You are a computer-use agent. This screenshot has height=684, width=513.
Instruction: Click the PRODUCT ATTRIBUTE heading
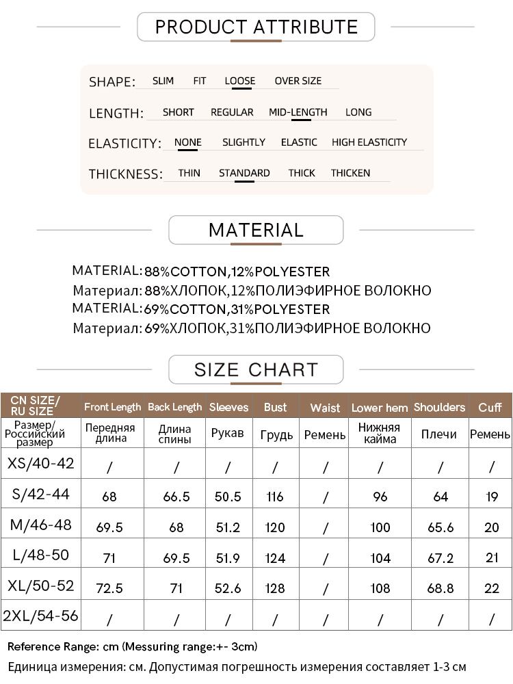point(256,27)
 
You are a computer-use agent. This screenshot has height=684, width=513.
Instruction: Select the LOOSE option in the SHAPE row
point(239,81)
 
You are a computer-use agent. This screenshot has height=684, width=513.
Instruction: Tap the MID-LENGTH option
point(298,112)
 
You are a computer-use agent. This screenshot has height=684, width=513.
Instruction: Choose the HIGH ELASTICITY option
point(369,142)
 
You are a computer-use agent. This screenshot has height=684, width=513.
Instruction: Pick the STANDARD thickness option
point(244,173)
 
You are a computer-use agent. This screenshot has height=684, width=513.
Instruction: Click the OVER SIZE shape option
point(298,81)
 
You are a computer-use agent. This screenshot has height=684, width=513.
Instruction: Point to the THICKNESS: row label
point(126,174)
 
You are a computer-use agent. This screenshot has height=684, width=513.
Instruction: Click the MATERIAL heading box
point(256,231)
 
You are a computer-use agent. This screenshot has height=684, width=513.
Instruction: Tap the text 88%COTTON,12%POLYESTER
point(237,272)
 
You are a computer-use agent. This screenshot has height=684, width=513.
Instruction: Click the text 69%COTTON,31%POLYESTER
point(237,309)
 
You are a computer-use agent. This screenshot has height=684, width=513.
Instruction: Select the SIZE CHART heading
point(256,370)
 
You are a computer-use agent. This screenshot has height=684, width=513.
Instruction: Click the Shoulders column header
point(439,407)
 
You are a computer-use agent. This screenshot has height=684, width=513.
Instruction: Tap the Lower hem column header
point(380,408)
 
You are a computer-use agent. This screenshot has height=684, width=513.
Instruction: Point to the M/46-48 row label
point(41,525)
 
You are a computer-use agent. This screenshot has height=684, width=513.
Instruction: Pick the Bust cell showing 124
point(275,558)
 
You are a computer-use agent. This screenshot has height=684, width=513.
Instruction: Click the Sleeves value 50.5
point(228,497)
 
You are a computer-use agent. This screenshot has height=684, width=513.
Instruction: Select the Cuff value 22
point(492,589)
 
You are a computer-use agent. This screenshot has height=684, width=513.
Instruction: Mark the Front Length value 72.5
point(109,589)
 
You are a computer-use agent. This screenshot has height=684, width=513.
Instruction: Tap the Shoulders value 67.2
point(440,558)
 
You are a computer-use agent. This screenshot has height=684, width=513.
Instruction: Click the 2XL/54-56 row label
point(41,616)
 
